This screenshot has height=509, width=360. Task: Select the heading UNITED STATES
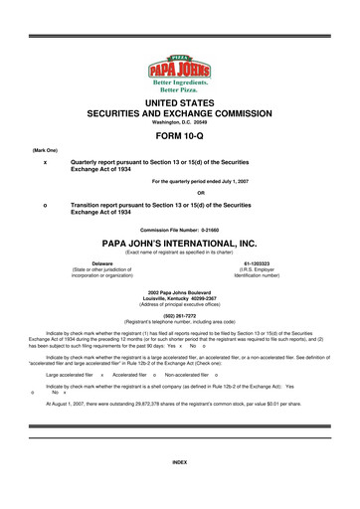click(x=179, y=103)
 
